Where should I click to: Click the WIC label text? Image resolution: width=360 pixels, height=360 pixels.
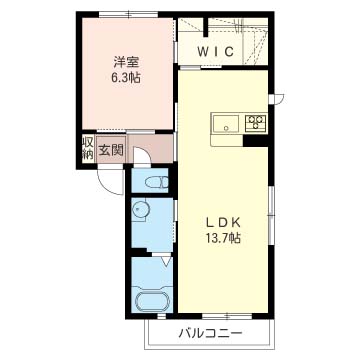tap(215, 52)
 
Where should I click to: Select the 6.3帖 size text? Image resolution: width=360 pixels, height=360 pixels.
tap(126, 78)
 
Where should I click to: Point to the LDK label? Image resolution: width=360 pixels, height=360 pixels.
tap(223, 222)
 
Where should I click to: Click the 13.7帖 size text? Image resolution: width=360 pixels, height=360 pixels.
tap(223, 238)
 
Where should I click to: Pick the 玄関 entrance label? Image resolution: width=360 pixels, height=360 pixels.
tap(111, 151)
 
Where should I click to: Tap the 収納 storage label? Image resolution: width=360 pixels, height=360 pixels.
tap(88, 149)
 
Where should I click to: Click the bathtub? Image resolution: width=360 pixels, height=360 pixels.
tap(153, 301)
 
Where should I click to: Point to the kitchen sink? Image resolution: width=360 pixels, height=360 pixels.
tap(226, 124)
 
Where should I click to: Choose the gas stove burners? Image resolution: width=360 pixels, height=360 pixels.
tap(256, 122)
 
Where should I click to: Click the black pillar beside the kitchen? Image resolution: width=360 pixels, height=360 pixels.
tap(256, 141)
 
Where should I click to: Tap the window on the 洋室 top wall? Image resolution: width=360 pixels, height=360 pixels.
tap(129, 14)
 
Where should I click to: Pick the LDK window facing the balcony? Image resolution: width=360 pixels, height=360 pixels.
tap(227, 316)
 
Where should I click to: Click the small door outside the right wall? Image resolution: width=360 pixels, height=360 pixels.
tap(277, 99)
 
